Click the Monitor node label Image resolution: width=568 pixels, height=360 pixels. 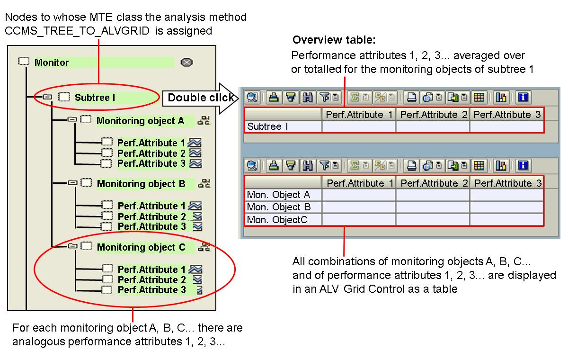coord(52,63)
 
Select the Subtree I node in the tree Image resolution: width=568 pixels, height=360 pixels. coord(95,98)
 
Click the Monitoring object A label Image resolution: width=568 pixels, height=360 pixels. coord(140,121)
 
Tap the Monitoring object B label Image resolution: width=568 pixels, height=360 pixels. coord(141,184)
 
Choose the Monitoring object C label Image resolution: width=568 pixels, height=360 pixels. coord(141,247)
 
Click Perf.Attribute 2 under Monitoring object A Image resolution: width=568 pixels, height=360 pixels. coord(151,153)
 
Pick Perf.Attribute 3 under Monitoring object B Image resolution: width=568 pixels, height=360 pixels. coord(151,226)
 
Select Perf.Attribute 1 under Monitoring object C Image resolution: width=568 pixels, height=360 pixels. coord(151,270)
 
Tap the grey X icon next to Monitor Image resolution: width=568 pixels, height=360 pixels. coord(187,63)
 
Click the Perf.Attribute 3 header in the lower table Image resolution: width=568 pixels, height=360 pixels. coord(507,183)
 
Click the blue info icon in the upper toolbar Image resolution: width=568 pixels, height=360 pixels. coord(523,98)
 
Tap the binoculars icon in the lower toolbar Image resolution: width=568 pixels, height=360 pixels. coord(308,166)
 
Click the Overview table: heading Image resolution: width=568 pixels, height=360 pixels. coord(334,40)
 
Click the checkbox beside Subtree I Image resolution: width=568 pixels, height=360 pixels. coord(64,97)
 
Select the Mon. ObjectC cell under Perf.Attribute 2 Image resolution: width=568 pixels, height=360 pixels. coord(433,219)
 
